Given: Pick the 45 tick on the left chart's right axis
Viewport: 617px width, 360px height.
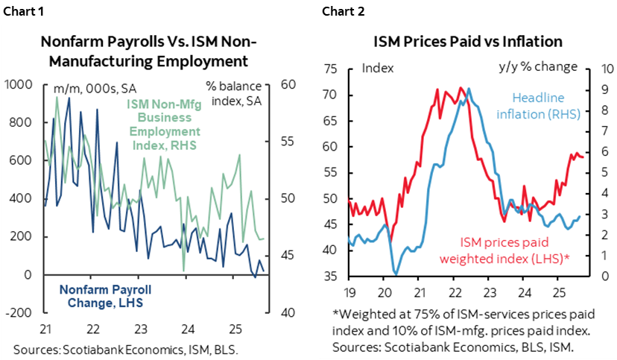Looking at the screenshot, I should pyautogui.click(x=287, y=256).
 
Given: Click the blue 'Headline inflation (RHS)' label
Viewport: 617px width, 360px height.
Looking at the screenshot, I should pyautogui.click(x=540, y=105).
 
